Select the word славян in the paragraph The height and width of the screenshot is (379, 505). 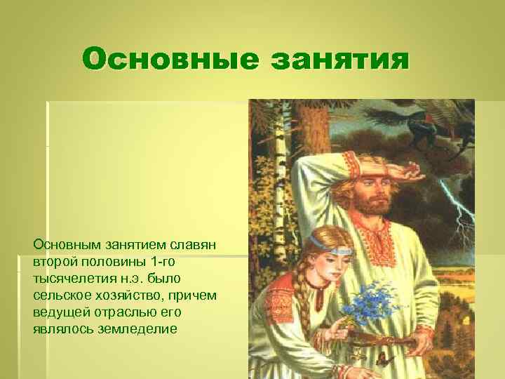point(195,245)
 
